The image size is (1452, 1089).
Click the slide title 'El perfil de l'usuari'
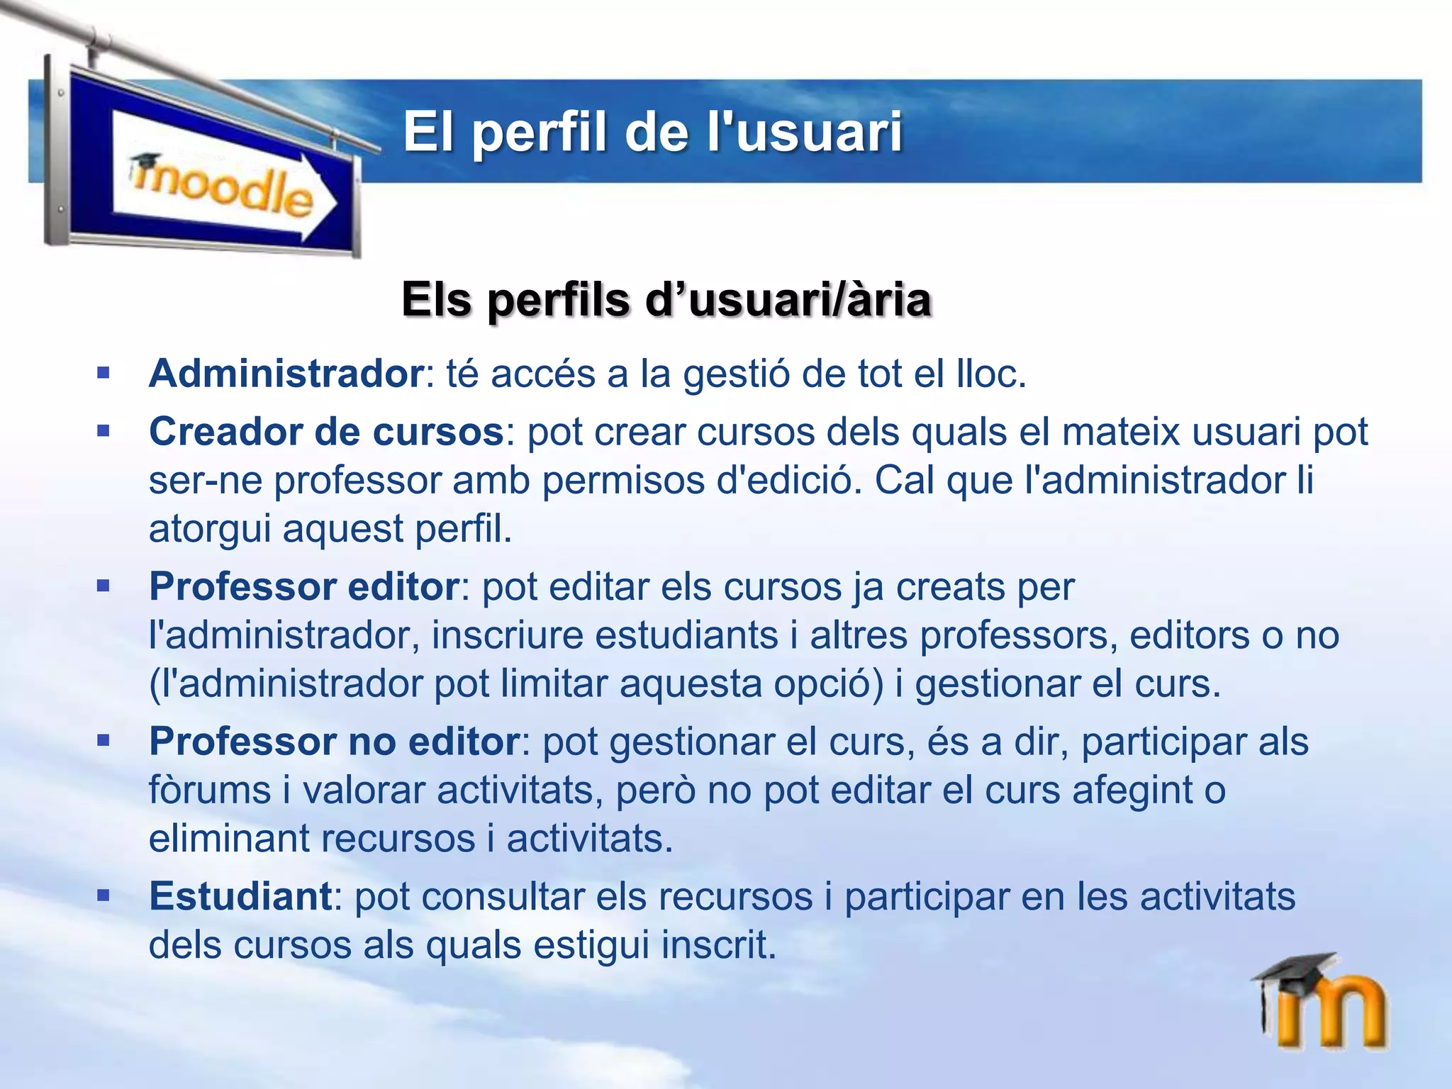pyautogui.click(x=652, y=133)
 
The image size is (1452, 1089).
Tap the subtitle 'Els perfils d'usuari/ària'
pyautogui.click(x=666, y=300)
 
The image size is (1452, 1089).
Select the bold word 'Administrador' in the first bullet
pyautogui.click(x=286, y=374)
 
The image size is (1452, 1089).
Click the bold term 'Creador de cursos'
pyautogui.click(x=326, y=432)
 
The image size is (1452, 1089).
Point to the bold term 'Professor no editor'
pyautogui.click(x=335, y=742)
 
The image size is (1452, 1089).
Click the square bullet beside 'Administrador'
pyautogui.click(x=104, y=373)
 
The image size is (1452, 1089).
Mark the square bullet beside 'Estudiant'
pyautogui.click(x=104, y=896)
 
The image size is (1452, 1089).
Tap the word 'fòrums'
pyautogui.click(x=210, y=791)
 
